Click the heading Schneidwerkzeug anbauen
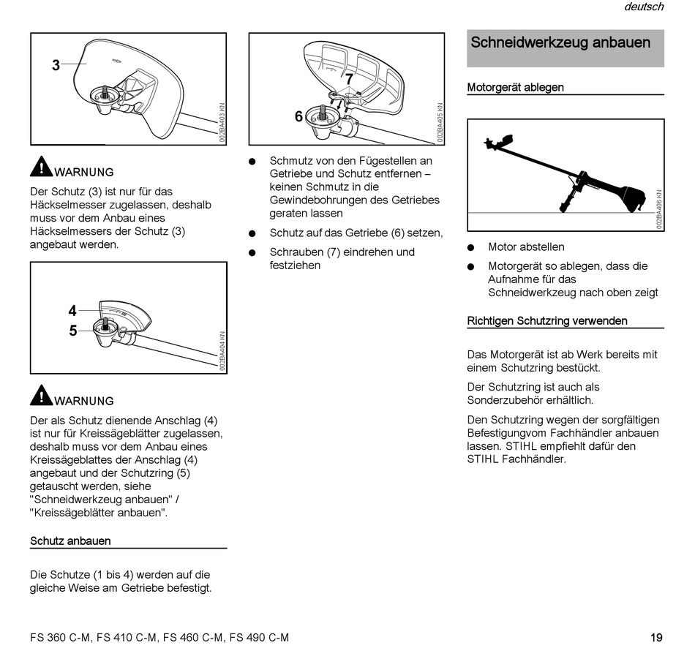(x=560, y=42)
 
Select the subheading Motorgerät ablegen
(x=515, y=87)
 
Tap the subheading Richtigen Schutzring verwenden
(x=547, y=320)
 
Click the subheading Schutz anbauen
(x=70, y=541)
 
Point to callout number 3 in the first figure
(x=56, y=65)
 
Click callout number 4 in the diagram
(x=72, y=311)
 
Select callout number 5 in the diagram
(x=72, y=331)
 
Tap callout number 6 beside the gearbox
(x=298, y=116)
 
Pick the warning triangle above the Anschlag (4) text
(x=41, y=396)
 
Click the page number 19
(x=656, y=637)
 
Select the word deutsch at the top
(x=644, y=7)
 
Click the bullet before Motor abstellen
(x=472, y=247)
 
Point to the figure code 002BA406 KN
(x=659, y=211)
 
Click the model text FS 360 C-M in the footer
(x=61, y=637)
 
